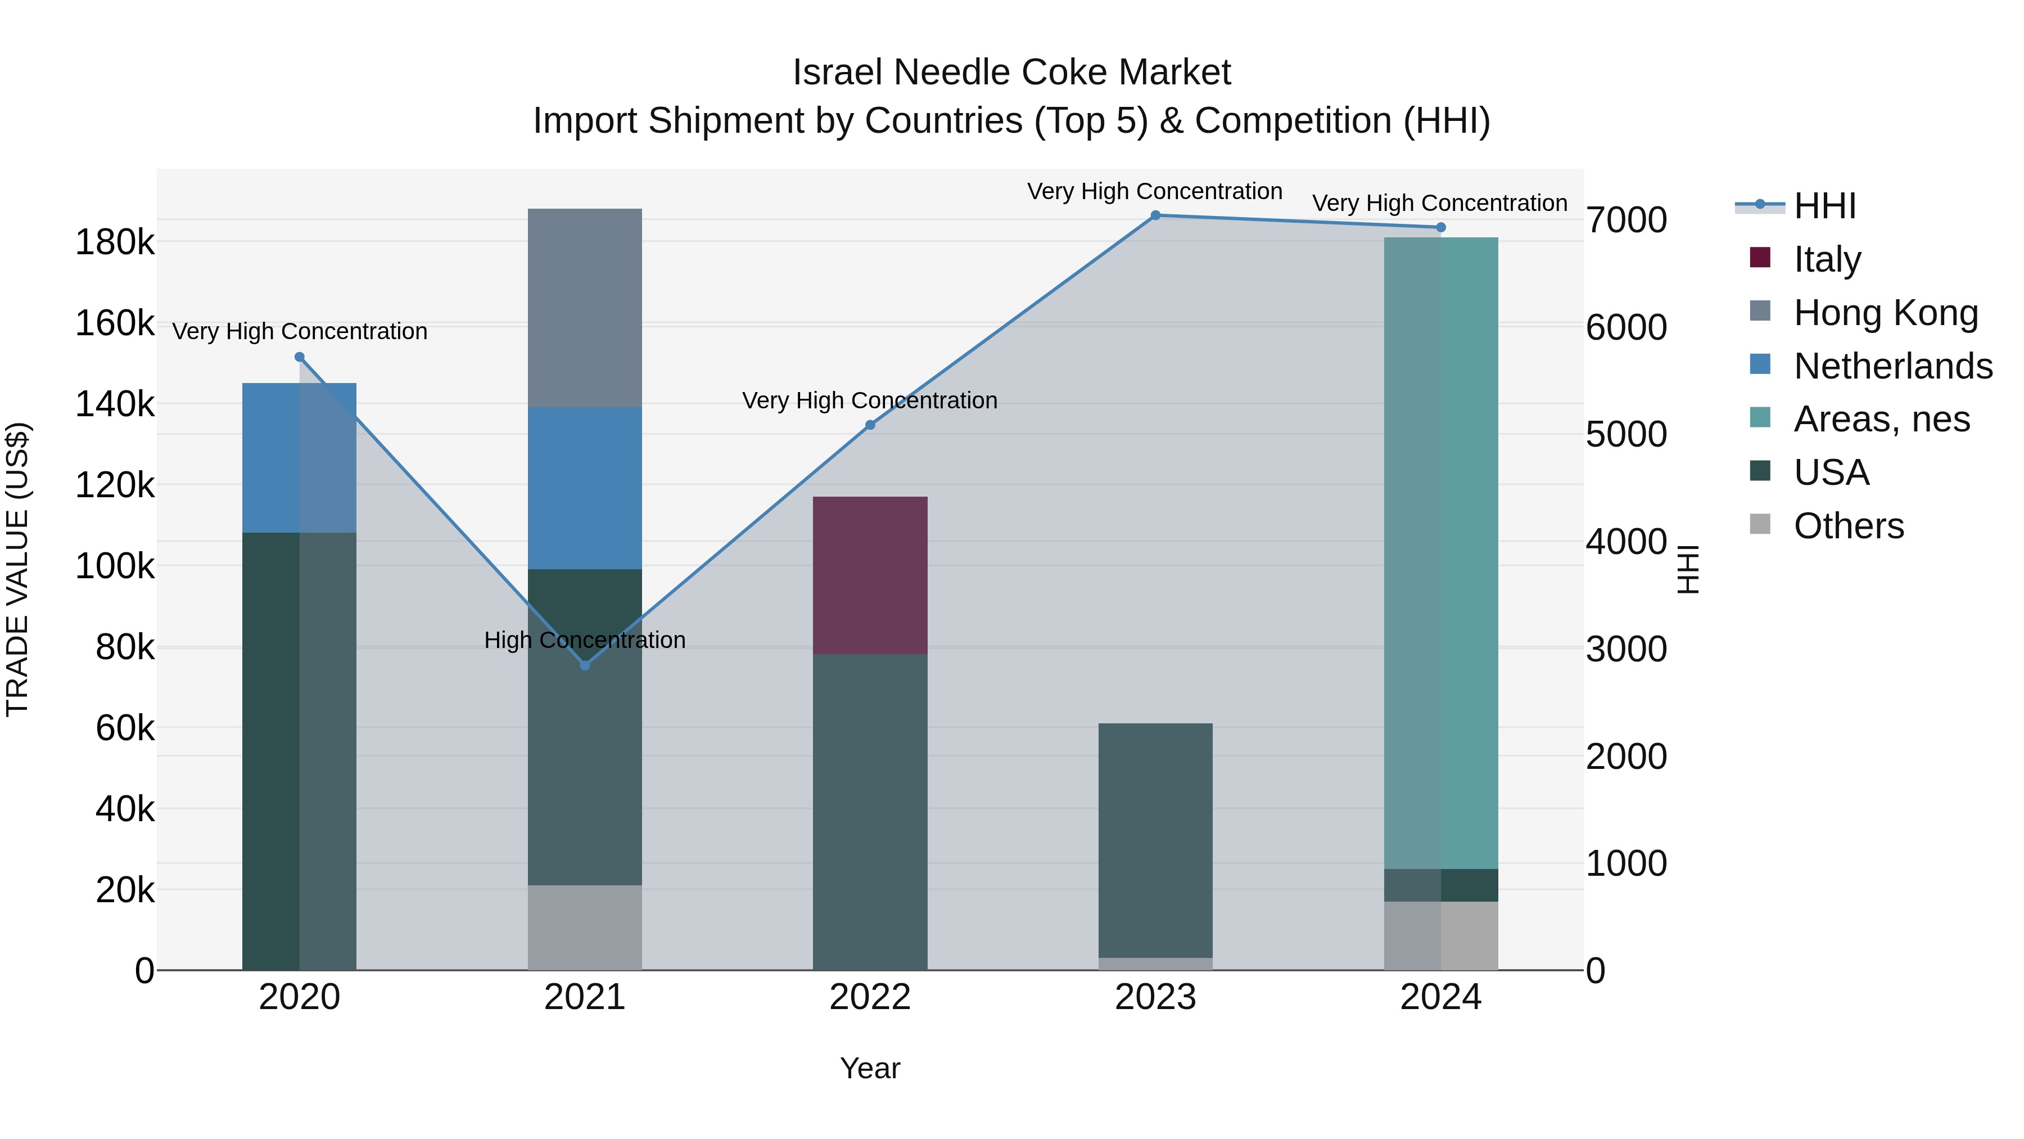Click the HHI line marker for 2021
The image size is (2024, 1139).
585,665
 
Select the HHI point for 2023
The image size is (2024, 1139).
1155,215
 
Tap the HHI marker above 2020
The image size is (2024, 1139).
299,357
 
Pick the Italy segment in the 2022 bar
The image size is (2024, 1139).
870,575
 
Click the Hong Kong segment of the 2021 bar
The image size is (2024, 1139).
585,308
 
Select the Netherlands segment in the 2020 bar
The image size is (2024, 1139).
299,457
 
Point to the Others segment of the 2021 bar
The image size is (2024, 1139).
585,928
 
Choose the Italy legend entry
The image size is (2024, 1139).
1827,259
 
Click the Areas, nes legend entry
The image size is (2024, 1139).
1881,420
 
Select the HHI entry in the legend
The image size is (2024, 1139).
1824,206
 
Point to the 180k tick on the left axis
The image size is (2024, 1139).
115,242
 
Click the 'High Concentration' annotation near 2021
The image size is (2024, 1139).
585,640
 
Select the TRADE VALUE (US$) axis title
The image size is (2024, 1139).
17,569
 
